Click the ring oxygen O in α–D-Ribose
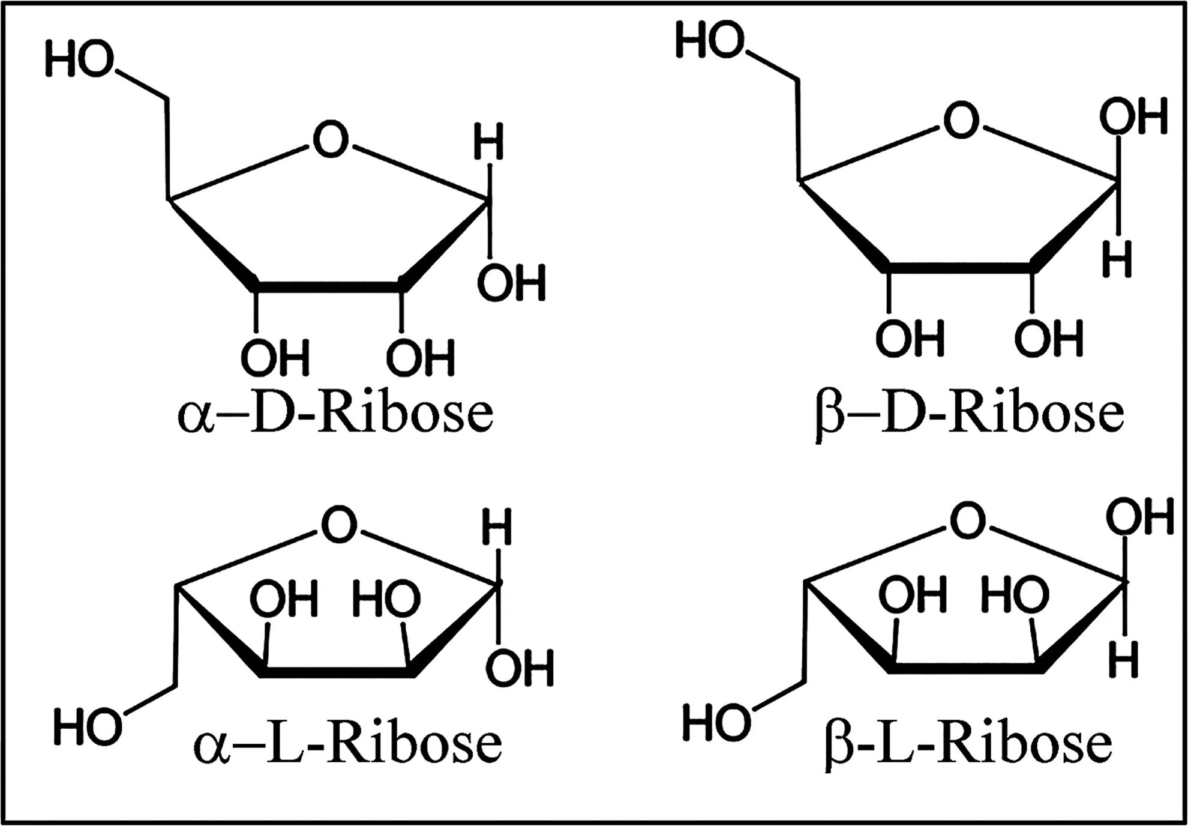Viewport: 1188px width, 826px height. (331, 140)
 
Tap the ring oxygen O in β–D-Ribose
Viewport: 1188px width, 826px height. (961, 120)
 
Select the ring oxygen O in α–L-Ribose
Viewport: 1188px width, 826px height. (340, 525)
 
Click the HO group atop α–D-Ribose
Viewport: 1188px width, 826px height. (79, 61)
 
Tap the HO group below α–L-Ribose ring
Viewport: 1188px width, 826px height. (88, 727)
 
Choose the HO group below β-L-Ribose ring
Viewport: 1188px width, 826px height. (716, 722)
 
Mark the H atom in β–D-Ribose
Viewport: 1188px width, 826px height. (1117, 260)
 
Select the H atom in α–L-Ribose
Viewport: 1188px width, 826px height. (497, 526)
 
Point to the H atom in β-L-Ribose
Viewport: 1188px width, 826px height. (1123, 660)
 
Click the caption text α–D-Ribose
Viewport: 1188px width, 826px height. (335, 414)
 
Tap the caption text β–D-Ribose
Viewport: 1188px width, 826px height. (968, 414)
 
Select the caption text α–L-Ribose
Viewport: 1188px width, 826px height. (347, 744)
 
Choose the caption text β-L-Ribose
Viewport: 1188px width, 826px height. (968, 744)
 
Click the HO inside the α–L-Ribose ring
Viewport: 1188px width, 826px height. (386, 599)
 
